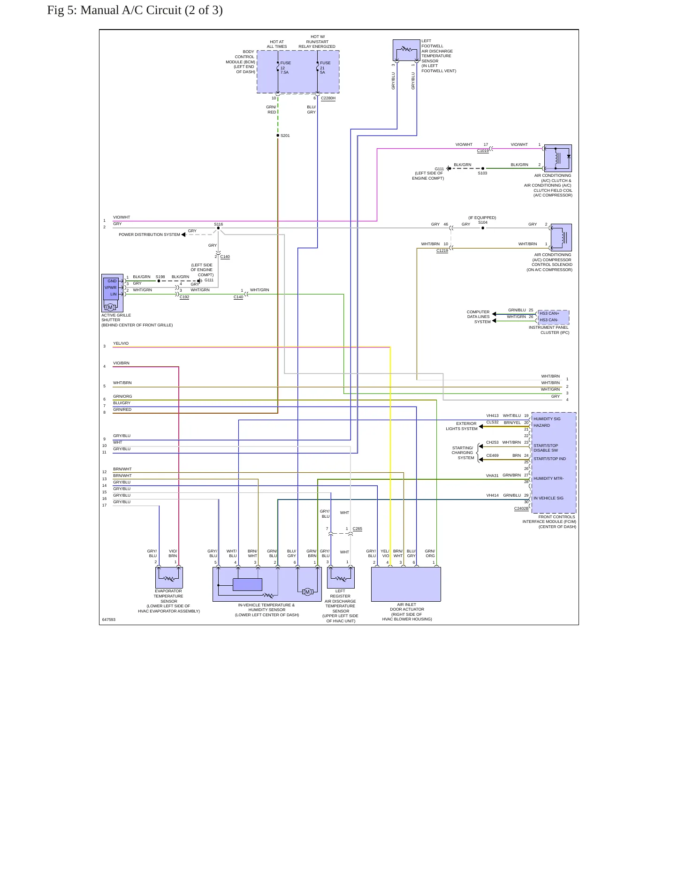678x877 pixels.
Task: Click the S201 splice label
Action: click(x=285, y=136)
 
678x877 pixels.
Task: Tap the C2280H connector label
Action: click(x=328, y=98)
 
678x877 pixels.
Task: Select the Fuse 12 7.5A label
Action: click(x=285, y=68)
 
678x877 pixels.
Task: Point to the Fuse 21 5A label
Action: click(x=325, y=68)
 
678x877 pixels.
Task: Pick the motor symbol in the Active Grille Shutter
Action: click(x=110, y=307)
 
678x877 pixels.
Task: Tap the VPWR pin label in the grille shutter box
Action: click(x=110, y=287)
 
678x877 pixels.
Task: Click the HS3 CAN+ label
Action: click(x=549, y=313)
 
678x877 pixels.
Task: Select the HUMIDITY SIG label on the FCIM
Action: click(x=547, y=419)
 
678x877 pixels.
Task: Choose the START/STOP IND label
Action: click(x=549, y=459)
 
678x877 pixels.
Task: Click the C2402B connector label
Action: click(x=521, y=508)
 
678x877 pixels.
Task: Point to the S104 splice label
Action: click(x=483, y=222)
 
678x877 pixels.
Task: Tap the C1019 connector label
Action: click(x=483, y=151)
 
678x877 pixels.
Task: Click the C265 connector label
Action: click(x=357, y=529)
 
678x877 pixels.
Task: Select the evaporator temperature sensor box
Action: click(x=169, y=577)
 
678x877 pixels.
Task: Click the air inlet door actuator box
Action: click(x=406, y=584)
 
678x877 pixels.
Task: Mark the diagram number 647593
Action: click(x=108, y=620)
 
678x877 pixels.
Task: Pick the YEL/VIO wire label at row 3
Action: click(x=121, y=343)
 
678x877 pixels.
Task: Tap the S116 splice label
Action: click(x=219, y=224)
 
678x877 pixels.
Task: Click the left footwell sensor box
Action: click(x=406, y=50)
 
